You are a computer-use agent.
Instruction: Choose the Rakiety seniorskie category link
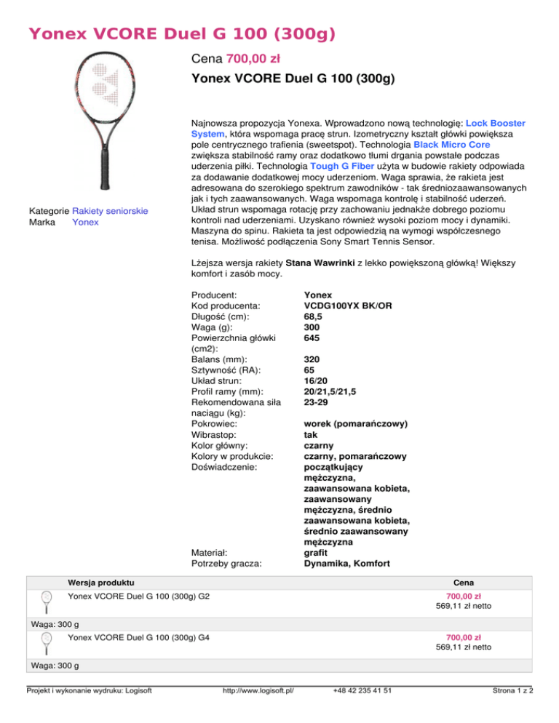[x=111, y=211]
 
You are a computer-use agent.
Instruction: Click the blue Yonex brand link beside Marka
[x=84, y=222]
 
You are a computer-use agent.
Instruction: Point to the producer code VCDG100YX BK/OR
[x=348, y=306]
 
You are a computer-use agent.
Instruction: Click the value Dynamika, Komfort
[x=346, y=562]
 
